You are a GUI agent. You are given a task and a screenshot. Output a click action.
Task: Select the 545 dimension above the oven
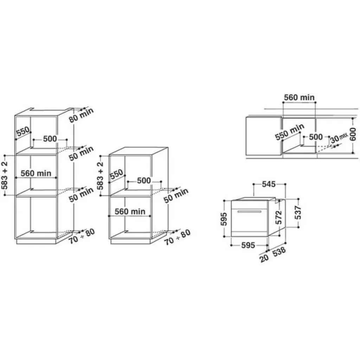tap(269, 184)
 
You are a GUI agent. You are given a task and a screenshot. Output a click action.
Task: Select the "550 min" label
tap(289, 132)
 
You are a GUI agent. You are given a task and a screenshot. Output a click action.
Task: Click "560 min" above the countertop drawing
tap(300, 97)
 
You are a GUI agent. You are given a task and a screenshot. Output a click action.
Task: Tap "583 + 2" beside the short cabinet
tap(100, 176)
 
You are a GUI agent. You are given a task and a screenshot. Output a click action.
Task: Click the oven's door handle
tap(249, 211)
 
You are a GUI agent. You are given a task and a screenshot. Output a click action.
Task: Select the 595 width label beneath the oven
tap(248, 245)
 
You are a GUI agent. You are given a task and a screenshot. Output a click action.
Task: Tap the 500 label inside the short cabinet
tap(143, 181)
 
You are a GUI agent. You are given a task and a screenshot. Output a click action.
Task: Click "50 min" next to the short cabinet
tap(176, 195)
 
